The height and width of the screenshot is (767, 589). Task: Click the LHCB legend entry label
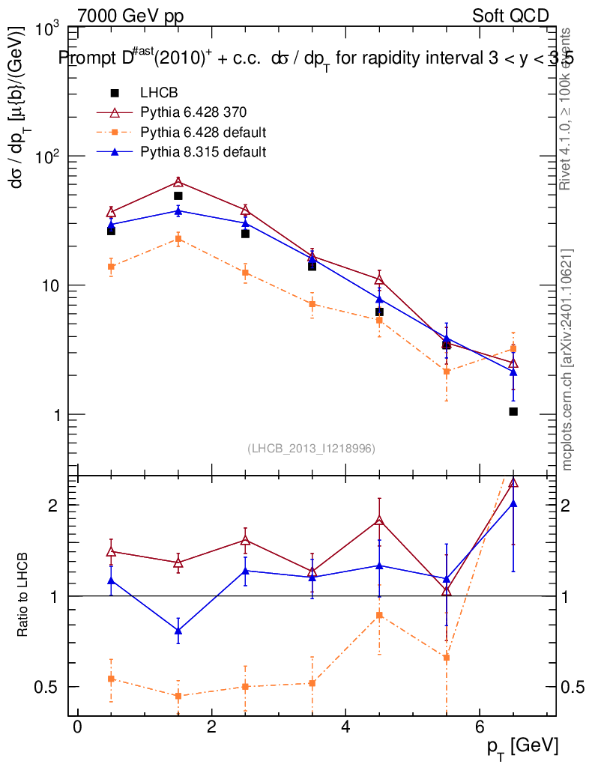point(157,93)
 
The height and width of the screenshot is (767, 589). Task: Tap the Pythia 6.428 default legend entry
point(203,133)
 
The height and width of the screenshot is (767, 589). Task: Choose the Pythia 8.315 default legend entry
point(203,152)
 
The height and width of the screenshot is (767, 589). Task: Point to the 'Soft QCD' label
point(510,16)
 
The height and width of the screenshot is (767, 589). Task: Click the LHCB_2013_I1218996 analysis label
point(311,448)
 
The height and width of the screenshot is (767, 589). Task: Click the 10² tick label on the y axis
point(48,157)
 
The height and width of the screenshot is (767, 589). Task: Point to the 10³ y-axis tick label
point(48,28)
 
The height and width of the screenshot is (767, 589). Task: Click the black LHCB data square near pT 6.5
point(513,411)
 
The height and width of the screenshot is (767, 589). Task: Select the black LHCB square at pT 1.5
point(178,195)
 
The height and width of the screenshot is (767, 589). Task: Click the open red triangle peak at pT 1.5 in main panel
point(178,182)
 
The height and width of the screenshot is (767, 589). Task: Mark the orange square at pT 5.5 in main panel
point(447,372)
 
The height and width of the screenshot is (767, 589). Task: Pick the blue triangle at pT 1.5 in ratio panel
point(178,631)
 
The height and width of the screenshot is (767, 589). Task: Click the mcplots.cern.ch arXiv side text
point(567,360)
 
